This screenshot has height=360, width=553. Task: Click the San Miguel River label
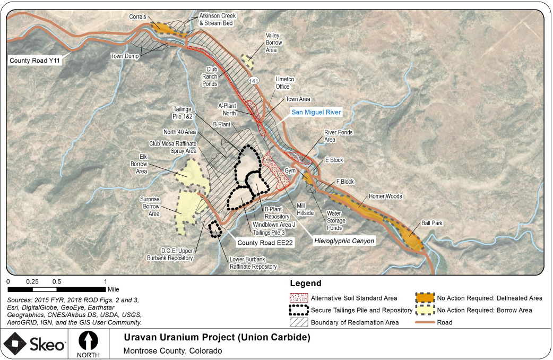pos(316,112)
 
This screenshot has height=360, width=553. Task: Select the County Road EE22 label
pos(265,242)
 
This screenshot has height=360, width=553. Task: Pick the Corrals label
pos(137,17)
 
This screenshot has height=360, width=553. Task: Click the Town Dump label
pos(124,56)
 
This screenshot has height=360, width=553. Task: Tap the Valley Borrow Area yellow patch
pos(247,62)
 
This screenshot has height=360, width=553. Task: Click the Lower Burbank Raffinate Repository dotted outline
pos(215,229)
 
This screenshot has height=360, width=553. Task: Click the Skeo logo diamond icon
pos(19,344)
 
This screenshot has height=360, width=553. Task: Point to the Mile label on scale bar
pos(113,290)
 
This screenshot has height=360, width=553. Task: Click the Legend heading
pos(306,284)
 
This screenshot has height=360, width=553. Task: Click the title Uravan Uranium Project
pos(217,338)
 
